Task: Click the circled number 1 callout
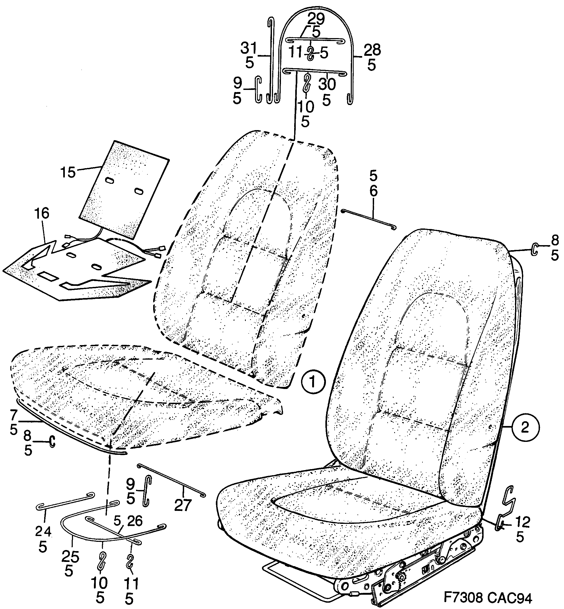312,382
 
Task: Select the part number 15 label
68,172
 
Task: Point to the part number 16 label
42,214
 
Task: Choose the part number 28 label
372,50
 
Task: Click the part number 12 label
522,522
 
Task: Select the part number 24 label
43,532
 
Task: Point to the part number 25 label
70,557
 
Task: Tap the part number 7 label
14,415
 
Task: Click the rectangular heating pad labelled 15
124,189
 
